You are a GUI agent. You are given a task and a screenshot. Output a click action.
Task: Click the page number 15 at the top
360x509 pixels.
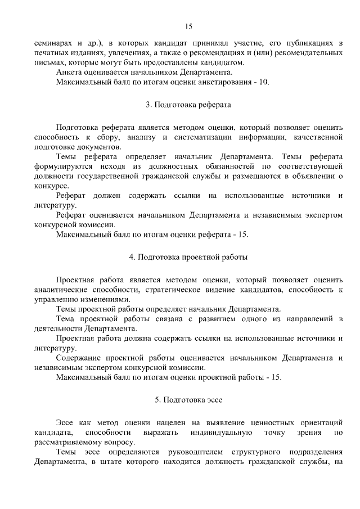[188, 26]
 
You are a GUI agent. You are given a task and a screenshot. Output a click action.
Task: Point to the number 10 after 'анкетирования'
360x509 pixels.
[264, 82]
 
